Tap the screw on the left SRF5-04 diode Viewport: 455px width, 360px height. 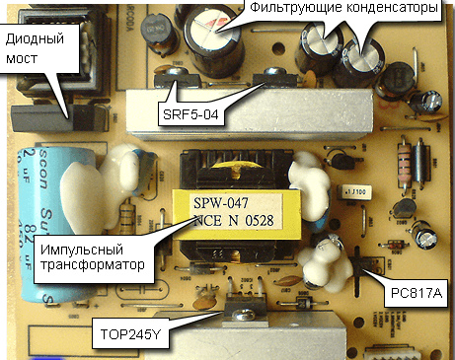click(178, 72)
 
